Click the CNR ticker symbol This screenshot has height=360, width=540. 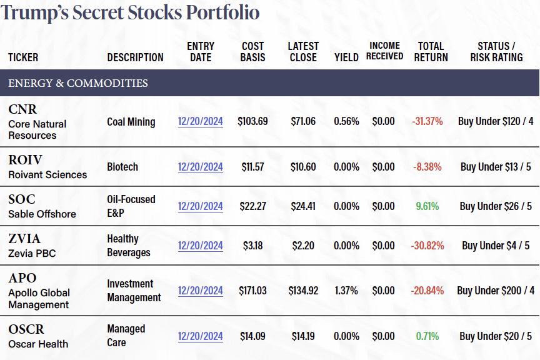pos(22,109)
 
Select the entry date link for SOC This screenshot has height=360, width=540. pos(200,206)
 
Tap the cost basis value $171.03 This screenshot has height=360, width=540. pos(252,291)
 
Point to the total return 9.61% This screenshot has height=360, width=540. pos(427,206)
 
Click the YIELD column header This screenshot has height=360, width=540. pos(346,57)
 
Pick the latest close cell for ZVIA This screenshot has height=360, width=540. pos(304,246)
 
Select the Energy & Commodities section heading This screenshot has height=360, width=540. pos(78,83)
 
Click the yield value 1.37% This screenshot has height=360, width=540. pos(346,291)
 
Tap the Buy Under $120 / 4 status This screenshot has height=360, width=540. pos(496,121)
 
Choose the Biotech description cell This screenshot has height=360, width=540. pos(122,167)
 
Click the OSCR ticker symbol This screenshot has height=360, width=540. pos(26,329)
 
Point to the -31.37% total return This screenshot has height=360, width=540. pos(427,121)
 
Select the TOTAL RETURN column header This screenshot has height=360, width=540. pos(431,52)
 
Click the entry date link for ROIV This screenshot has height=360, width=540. pos(200,167)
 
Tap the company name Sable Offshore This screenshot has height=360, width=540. pos(42,214)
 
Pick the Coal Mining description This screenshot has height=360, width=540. pos(131,121)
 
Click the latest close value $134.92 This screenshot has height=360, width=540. pos(304,291)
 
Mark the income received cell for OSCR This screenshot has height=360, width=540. pos(383,336)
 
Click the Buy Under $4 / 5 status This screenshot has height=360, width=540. pos(496,246)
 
